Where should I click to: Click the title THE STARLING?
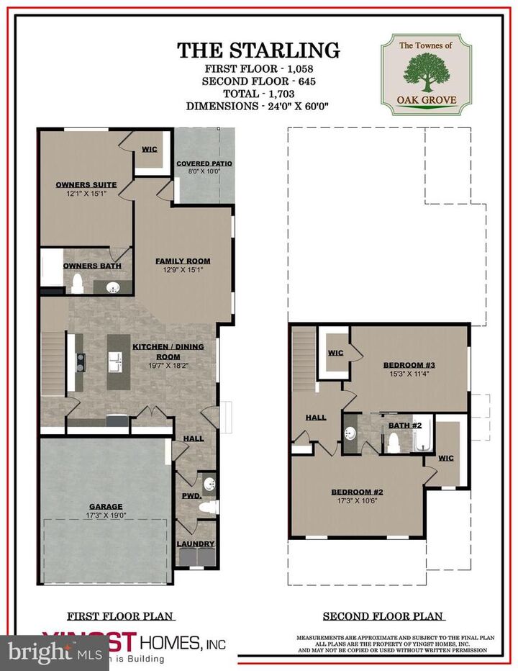(259, 50)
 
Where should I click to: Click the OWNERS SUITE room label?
(86, 185)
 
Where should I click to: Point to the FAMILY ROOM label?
(183, 261)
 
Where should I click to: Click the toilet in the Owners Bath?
(78, 287)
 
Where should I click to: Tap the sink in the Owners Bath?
(113, 288)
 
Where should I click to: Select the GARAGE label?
(106, 506)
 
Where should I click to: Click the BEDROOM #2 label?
(357, 492)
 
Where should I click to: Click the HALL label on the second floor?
(317, 416)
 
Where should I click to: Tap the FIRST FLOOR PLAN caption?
(121, 616)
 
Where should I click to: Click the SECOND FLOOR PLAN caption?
(383, 616)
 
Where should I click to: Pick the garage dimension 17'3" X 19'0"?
(106, 515)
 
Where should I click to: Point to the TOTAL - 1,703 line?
(259, 93)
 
